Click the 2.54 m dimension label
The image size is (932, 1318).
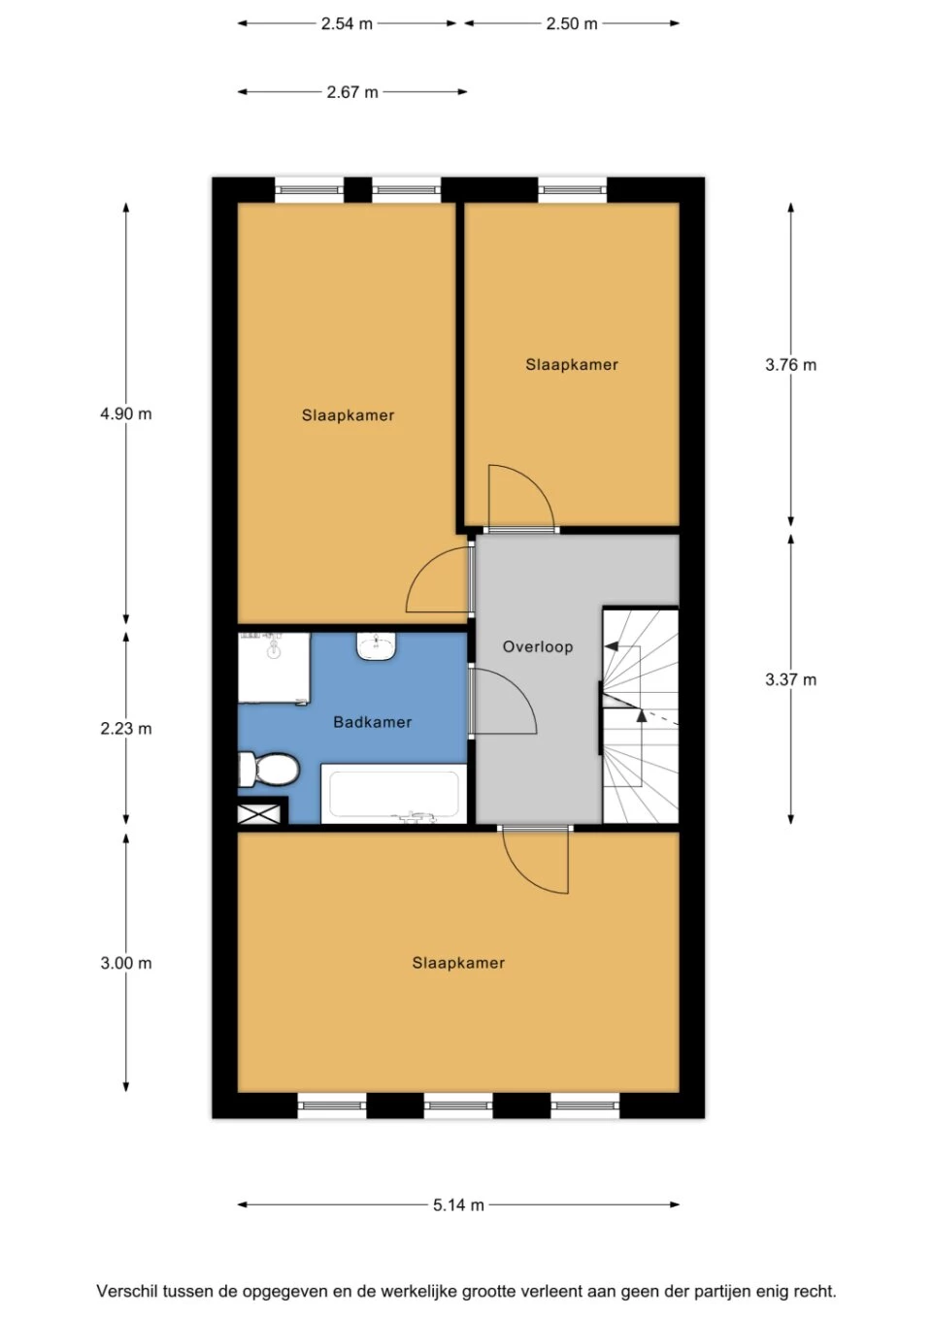347,23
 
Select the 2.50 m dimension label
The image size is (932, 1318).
571,23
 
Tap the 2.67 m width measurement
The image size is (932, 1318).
351,92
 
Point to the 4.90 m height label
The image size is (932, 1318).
125,413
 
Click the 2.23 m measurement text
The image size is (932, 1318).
125,728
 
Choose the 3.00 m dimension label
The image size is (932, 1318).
125,963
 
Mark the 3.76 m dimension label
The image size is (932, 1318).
790,365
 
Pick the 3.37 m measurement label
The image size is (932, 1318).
790,679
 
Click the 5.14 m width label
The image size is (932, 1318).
458,1204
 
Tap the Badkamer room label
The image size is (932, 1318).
372,722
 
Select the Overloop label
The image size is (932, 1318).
537,646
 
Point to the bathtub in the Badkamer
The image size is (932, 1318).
393,794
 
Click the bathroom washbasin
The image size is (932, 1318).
376,646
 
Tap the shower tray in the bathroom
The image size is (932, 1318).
274,668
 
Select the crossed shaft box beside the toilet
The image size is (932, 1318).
259,813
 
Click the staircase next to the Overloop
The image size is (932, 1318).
640,716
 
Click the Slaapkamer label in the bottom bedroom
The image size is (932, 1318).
458,963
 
